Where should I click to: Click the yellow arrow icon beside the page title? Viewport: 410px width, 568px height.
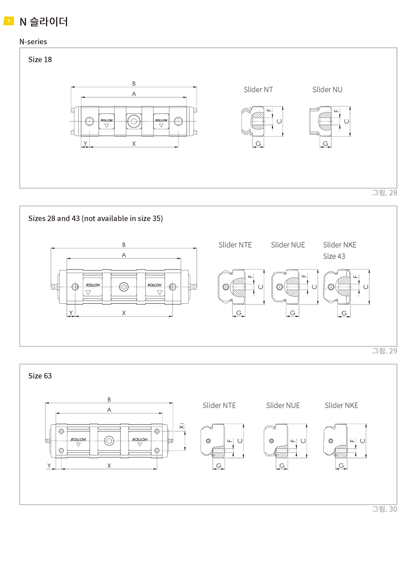[8, 21]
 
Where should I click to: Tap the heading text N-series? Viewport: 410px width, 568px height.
[33, 41]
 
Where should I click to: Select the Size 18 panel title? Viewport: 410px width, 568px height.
[40, 59]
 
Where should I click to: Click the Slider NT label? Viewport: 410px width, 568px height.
[258, 89]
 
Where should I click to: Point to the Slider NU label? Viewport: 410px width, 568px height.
[327, 89]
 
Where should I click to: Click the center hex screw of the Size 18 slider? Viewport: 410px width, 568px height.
[134, 121]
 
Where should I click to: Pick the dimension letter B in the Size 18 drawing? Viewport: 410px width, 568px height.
[134, 83]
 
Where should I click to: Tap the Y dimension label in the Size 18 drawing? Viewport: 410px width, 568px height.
[85, 144]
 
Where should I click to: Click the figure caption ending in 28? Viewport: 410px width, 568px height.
[385, 193]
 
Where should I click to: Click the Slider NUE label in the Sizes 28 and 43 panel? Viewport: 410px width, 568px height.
[288, 245]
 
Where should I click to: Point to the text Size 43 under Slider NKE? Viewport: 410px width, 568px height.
[334, 256]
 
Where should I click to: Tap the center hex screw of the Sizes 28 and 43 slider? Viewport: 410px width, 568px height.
[124, 287]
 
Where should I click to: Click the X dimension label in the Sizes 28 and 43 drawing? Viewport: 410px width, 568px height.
[124, 313]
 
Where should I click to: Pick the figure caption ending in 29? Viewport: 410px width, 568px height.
[385, 351]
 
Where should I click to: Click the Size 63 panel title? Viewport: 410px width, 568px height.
[40, 376]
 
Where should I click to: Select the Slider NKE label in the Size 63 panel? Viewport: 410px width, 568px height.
[341, 406]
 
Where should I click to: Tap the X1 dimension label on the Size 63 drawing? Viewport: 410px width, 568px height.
[182, 427]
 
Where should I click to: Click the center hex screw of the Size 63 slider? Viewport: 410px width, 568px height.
[109, 441]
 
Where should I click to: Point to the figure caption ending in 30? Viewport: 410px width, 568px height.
[385, 509]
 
